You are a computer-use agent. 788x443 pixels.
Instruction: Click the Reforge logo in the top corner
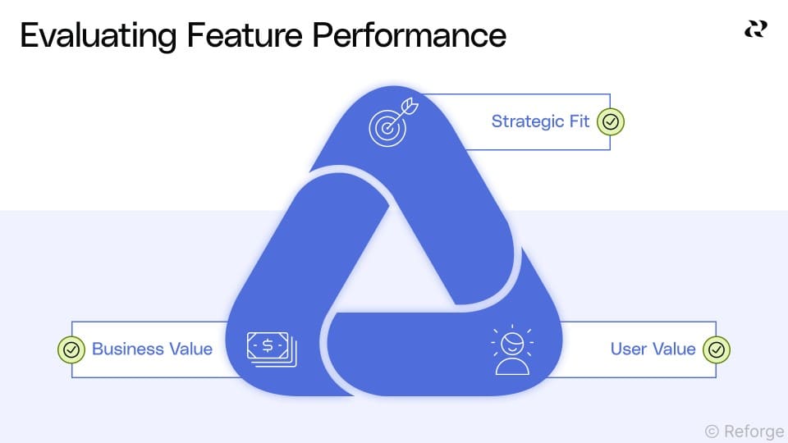coord(755,30)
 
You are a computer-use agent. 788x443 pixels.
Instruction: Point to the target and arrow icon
coord(392,123)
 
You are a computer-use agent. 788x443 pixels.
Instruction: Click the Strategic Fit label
coord(540,121)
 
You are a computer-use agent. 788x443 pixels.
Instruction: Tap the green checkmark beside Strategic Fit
coord(611,122)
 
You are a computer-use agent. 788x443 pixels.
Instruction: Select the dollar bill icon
coord(272,349)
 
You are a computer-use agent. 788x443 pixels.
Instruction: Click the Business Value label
coord(152,349)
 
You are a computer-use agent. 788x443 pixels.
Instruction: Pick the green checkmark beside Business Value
coord(71,349)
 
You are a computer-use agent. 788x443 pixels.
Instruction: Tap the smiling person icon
coord(511,350)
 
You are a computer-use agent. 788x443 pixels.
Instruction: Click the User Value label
coord(653,349)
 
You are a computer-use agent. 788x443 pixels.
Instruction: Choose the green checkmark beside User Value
coord(717,349)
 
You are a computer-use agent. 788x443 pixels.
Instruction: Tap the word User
coord(629,349)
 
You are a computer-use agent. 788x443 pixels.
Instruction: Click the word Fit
coord(579,121)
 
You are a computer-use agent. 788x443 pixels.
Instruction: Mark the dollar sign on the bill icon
coord(268,346)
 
